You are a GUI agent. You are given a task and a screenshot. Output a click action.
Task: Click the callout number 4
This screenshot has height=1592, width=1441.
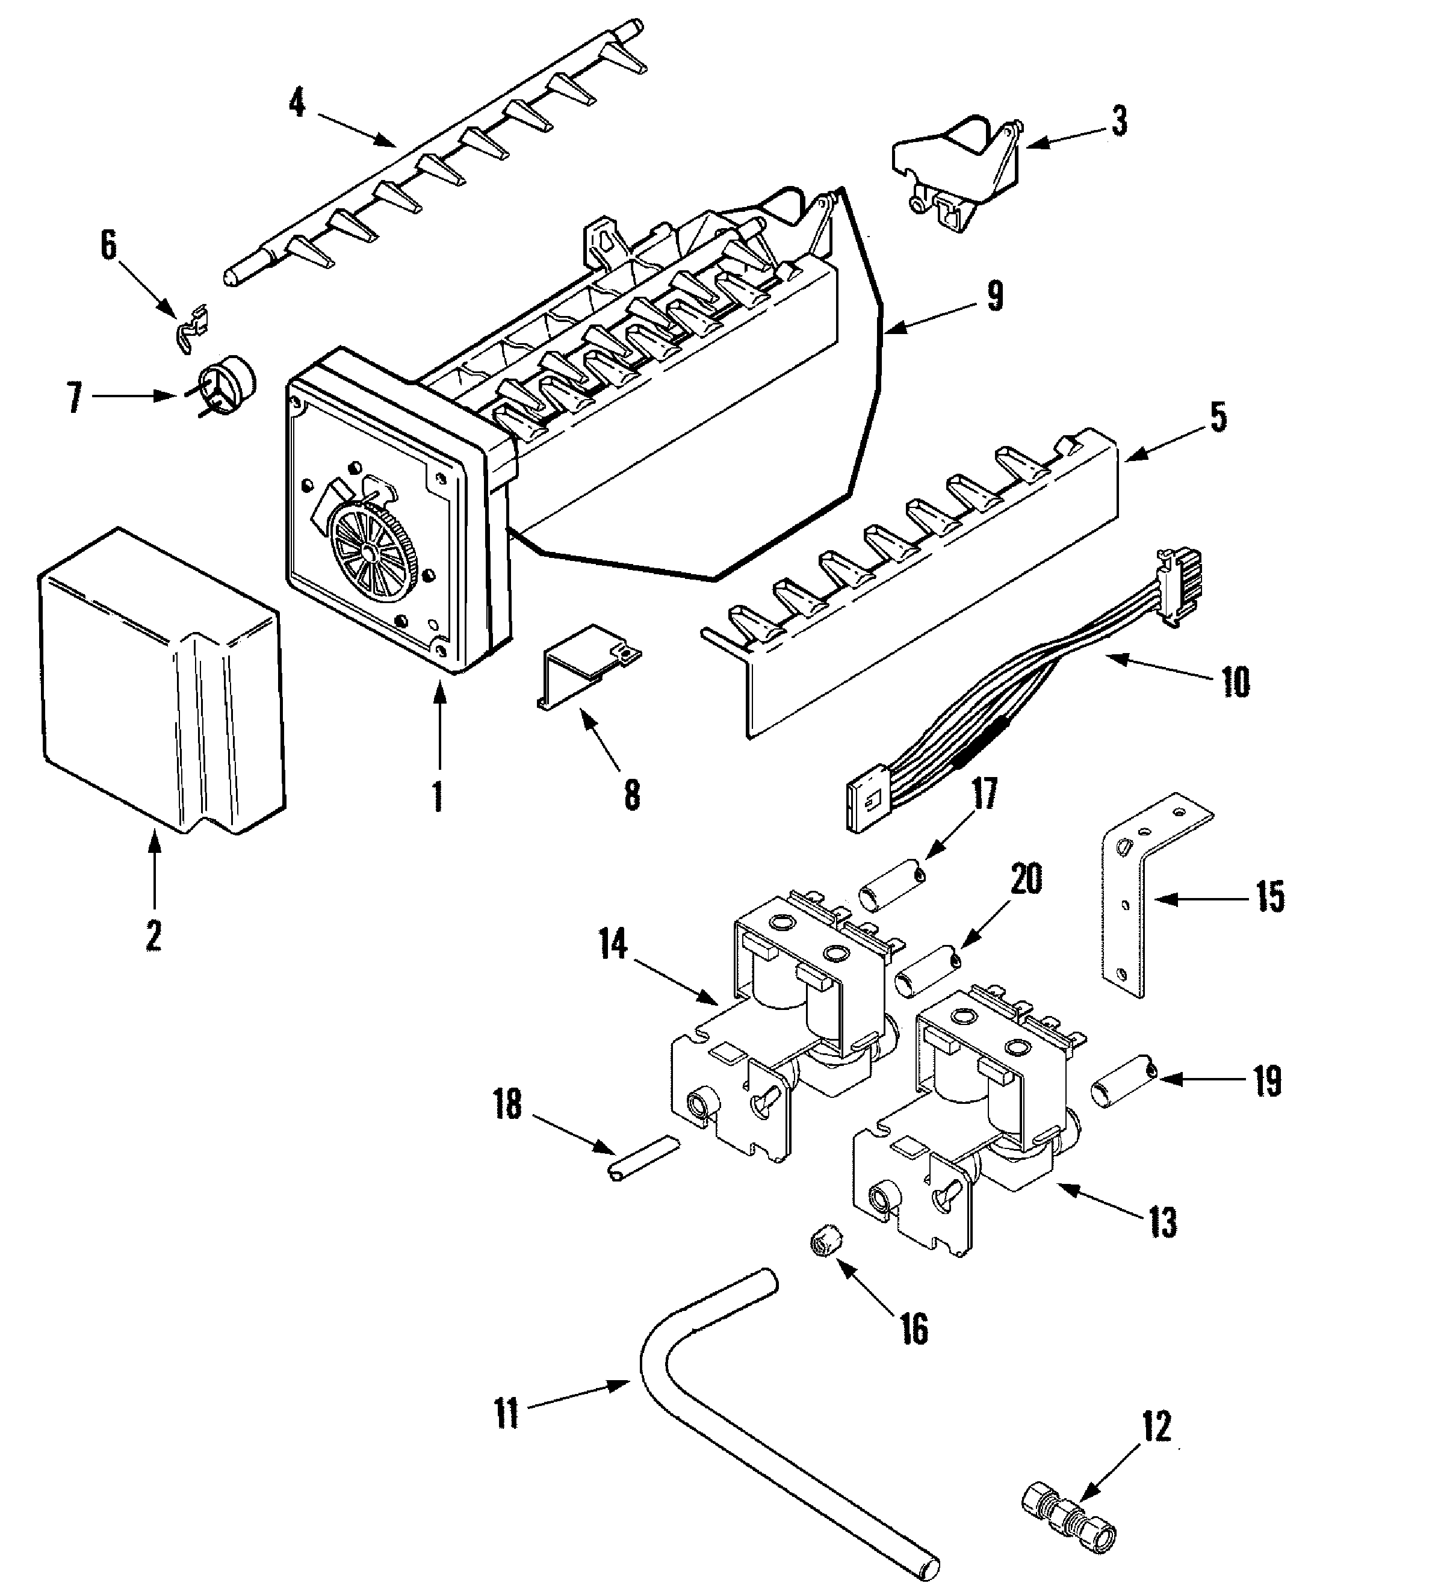click(297, 104)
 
